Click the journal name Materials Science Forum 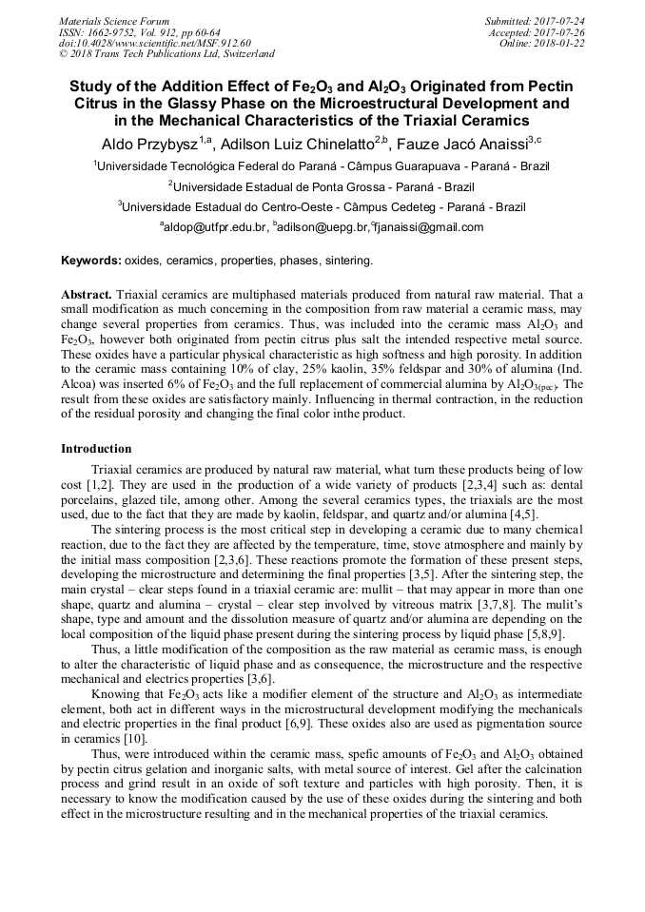pyautogui.click(x=114, y=21)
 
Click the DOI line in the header pyautogui.click(x=155, y=43)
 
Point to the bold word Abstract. pyautogui.click(x=88, y=296)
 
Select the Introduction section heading pyautogui.click(x=96, y=448)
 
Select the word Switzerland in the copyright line pyautogui.click(x=244, y=54)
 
